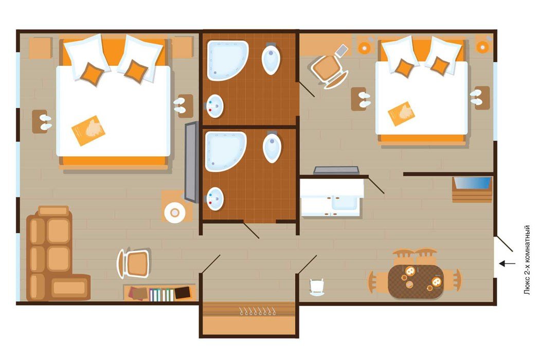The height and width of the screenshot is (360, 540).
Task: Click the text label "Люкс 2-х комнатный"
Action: [527, 260]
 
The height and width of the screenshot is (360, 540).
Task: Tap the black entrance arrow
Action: [507, 263]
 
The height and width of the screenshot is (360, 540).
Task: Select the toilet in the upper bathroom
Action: [271, 59]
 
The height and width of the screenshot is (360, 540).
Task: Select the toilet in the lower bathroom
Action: [272, 147]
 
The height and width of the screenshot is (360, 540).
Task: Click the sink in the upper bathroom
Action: [215, 106]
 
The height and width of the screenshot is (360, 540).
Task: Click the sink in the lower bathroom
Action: [215, 199]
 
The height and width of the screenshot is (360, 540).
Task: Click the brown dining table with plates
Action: [416, 281]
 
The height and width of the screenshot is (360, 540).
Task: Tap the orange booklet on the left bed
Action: [88, 131]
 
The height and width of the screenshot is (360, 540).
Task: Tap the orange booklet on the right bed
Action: [401, 113]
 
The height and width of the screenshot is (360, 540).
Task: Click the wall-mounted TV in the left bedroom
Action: [191, 162]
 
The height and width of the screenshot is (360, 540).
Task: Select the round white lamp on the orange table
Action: [175, 213]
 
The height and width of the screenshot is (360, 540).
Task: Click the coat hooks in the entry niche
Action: [257, 312]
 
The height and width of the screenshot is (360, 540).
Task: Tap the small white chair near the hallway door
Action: [317, 287]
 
